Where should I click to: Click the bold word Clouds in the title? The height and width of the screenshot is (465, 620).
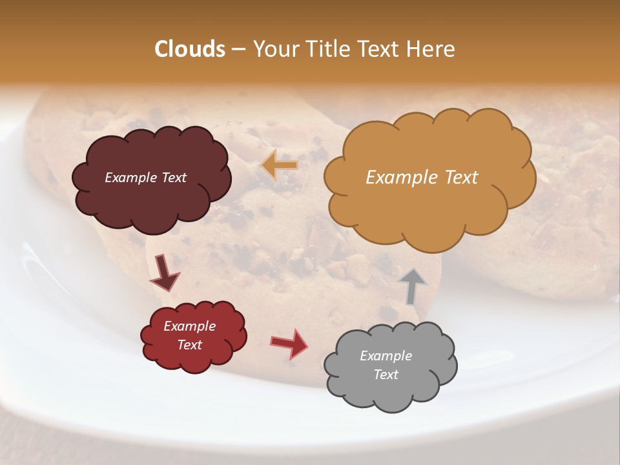click(190, 49)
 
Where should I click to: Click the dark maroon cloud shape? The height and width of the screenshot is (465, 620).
click(151, 200)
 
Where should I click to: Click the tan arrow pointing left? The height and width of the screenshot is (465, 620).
click(280, 166)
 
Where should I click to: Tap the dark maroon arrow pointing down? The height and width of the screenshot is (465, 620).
click(164, 273)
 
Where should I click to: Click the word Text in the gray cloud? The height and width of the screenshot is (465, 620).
click(386, 375)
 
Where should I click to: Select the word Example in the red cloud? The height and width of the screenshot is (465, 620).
click(189, 326)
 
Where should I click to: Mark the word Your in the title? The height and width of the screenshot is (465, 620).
click(273, 49)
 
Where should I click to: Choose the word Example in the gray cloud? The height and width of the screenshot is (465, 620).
click(386, 356)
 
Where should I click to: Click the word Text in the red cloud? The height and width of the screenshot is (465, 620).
click(189, 345)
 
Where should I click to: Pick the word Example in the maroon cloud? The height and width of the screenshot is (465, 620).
click(130, 178)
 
